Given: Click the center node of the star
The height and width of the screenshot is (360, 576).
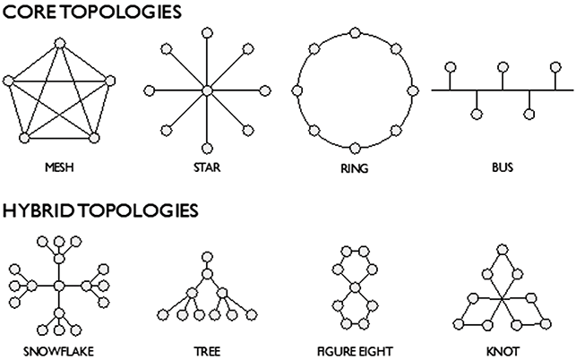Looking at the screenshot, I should [x=207, y=90].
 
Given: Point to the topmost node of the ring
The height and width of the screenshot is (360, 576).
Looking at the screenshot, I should [x=355, y=34].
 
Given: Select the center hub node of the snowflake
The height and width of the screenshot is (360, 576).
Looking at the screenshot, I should [x=58, y=286].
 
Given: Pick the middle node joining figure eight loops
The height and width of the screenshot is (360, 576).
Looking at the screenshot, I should [x=356, y=287].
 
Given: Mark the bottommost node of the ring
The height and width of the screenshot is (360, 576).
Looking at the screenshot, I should [x=355, y=147].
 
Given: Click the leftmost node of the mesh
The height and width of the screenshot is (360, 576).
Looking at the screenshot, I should [x=9, y=81].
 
